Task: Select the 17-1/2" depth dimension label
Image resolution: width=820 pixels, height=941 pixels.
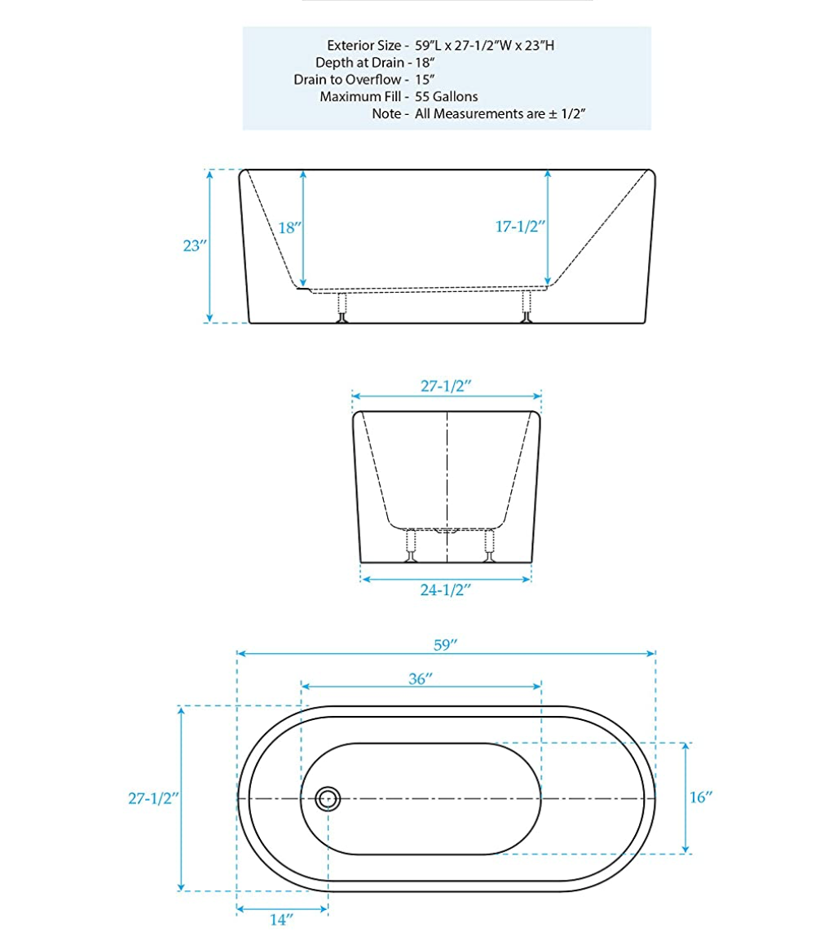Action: point(519,228)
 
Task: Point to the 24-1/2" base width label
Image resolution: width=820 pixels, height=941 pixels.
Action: point(446,590)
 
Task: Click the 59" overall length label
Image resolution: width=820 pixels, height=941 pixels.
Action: point(445,644)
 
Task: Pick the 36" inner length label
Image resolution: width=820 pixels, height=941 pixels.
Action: point(420,678)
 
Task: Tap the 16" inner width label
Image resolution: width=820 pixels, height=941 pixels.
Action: point(701,797)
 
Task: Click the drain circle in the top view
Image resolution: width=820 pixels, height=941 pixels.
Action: point(328,798)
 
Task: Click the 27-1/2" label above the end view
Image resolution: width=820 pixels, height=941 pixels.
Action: point(446,387)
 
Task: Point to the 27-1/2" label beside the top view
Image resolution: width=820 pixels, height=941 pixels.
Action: point(152,799)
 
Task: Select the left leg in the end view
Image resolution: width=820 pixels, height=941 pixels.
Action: point(412,546)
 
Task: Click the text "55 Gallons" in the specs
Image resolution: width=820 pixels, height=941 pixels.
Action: point(447,97)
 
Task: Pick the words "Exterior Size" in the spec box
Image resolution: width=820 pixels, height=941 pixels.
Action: point(363,45)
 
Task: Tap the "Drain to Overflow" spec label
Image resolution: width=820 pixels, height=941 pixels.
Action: point(347,80)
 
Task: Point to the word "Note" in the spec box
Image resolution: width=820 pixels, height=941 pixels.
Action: point(386,114)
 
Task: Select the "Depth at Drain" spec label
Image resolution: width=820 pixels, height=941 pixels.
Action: point(359,62)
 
